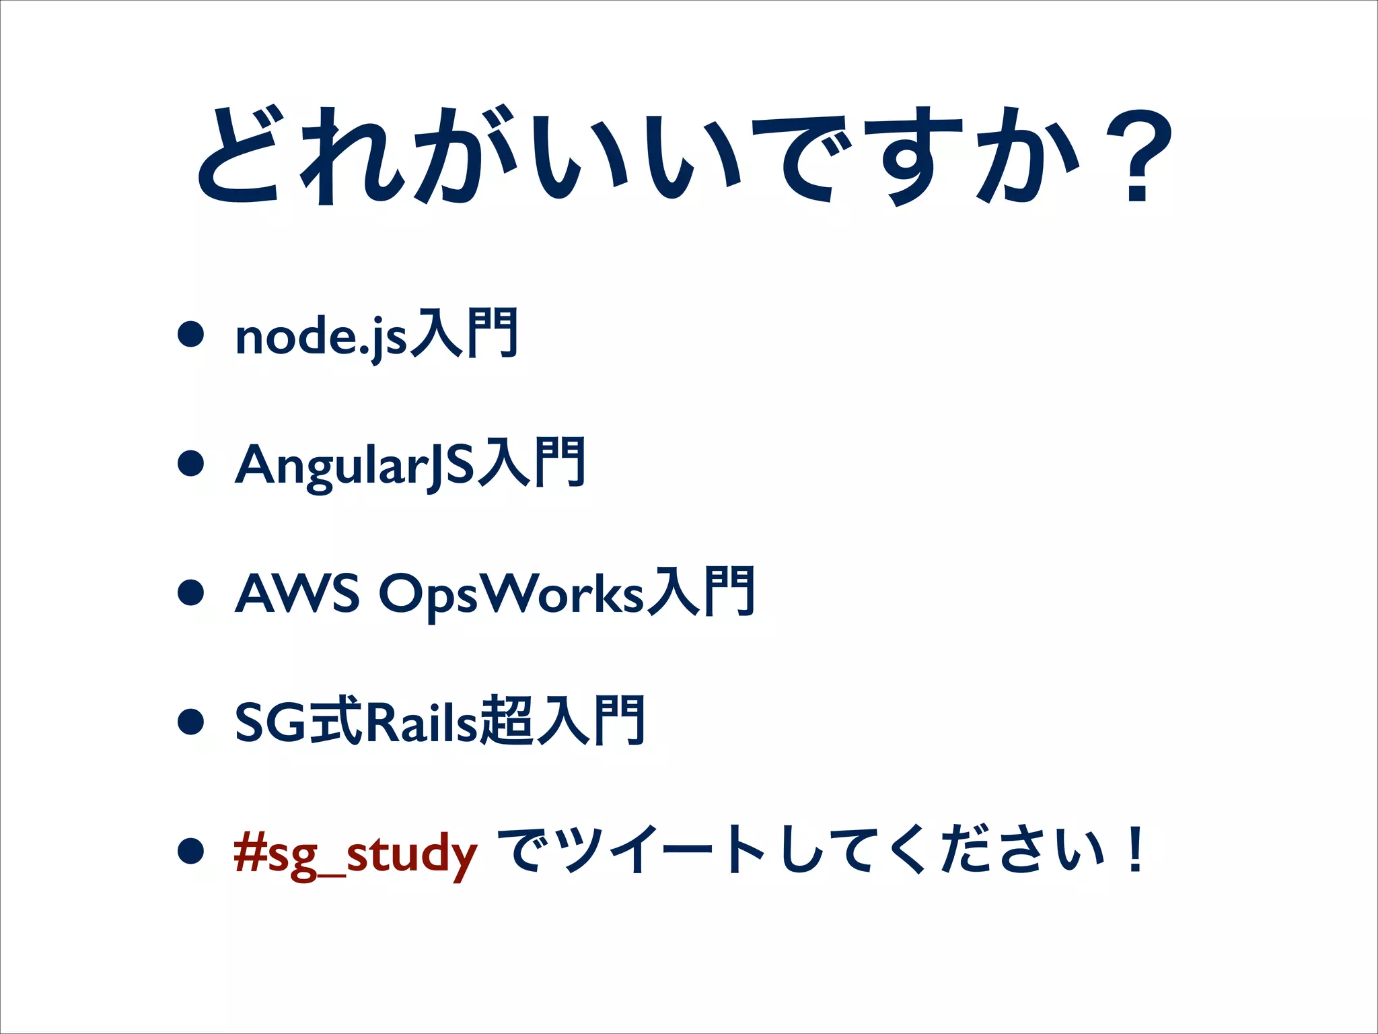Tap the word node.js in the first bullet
point(320,337)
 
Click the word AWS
point(296,594)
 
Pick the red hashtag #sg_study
point(355,852)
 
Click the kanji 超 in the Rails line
point(508,722)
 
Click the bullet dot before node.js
point(191,334)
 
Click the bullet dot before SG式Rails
point(191,722)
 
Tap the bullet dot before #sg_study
point(191,850)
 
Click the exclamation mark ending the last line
point(1136,850)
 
